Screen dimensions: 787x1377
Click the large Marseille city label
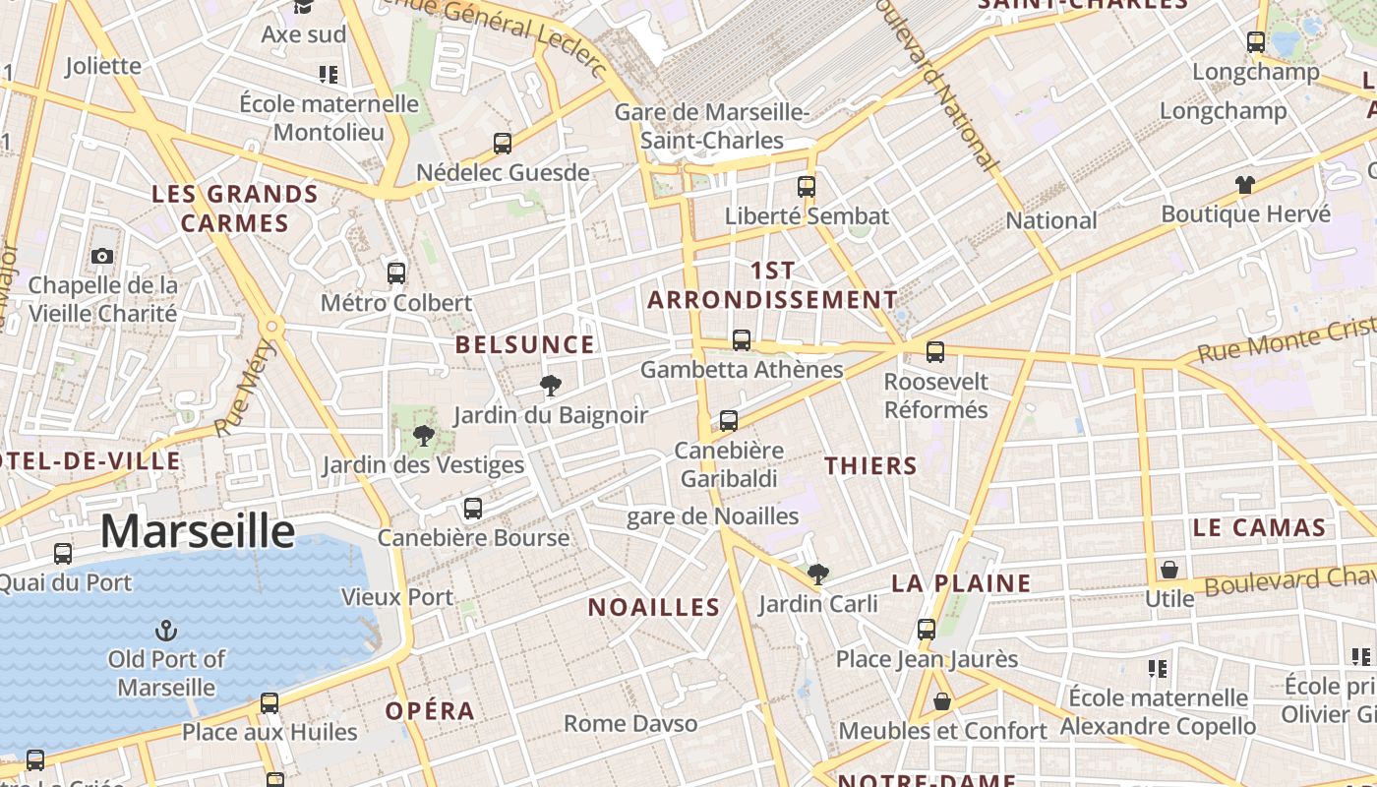(198, 531)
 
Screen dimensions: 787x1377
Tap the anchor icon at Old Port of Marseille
(166, 629)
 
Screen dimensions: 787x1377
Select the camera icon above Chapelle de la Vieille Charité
(101, 257)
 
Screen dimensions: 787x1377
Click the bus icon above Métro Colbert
(396, 272)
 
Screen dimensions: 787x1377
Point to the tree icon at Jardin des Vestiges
(424, 435)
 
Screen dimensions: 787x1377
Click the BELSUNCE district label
(525, 344)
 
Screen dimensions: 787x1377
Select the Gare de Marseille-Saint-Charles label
(712, 126)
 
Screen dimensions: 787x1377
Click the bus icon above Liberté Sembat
(807, 186)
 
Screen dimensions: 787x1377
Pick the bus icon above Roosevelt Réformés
(935, 351)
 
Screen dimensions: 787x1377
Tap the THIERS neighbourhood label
(870, 466)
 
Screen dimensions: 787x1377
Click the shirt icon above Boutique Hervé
(1245, 184)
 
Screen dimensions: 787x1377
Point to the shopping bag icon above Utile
(1169, 570)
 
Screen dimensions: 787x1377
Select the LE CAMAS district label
(1259, 527)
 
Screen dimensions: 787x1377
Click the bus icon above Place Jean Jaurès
(927, 629)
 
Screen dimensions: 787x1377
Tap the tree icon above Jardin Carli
(817, 574)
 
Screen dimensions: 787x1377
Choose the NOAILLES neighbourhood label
(654, 607)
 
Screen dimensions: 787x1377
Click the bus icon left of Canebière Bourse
(473, 509)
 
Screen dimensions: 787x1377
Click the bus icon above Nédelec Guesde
(503, 144)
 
